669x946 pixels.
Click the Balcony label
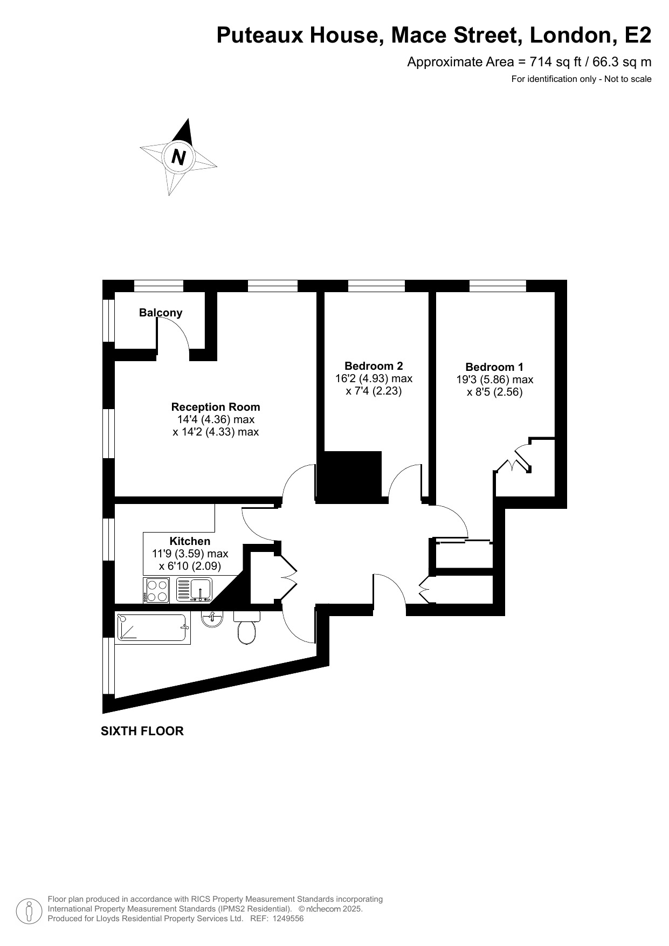coord(161,313)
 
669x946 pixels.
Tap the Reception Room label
coord(215,407)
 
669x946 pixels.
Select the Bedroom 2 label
coord(374,366)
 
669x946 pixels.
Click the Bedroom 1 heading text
coord(494,367)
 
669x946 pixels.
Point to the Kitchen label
coord(190,541)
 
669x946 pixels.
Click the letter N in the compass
coord(178,157)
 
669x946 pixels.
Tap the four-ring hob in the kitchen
coord(157,590)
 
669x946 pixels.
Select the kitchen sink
coord(195,590)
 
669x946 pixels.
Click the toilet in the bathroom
coord(246,630)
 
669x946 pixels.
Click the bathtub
coord(153,629)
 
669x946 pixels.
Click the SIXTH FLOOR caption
coord(142,731)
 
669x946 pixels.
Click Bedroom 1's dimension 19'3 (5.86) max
coord(494,379)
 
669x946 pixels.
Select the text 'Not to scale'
coord(627,79)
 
